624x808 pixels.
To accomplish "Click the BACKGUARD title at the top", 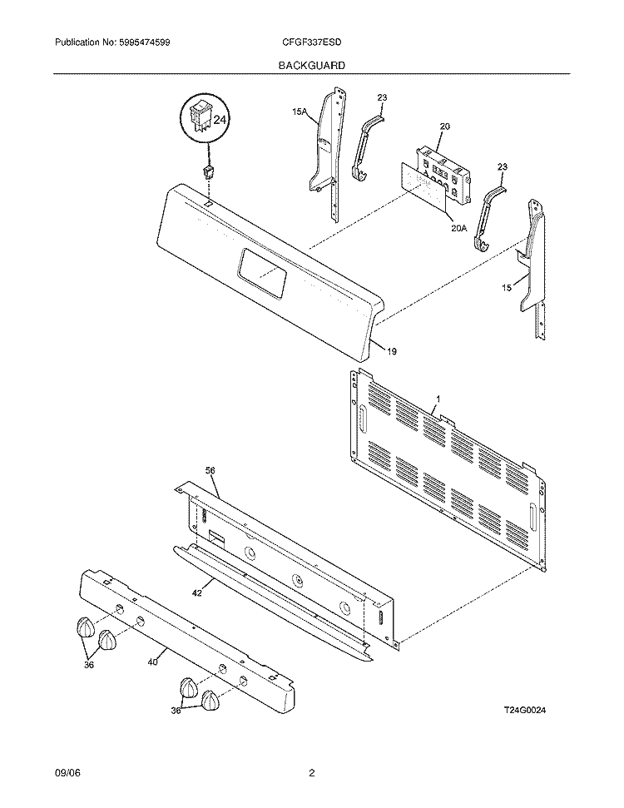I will tap(312, 64).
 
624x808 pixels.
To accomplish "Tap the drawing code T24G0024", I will tap(528, 709).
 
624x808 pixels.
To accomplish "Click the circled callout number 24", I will tap(220, 121).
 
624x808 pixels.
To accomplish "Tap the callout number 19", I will tap(391, 351).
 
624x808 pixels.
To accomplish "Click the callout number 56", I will tap(210, 470).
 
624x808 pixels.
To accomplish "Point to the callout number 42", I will tap(198, 593).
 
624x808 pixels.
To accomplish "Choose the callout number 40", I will tap(152, 662).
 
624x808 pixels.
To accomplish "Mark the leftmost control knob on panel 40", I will tap(85, 628).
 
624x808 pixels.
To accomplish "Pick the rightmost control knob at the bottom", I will tap(213, 701).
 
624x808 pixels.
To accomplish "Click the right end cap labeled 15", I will tap(532, 258).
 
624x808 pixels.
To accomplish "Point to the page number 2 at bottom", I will tap(311, 773).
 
